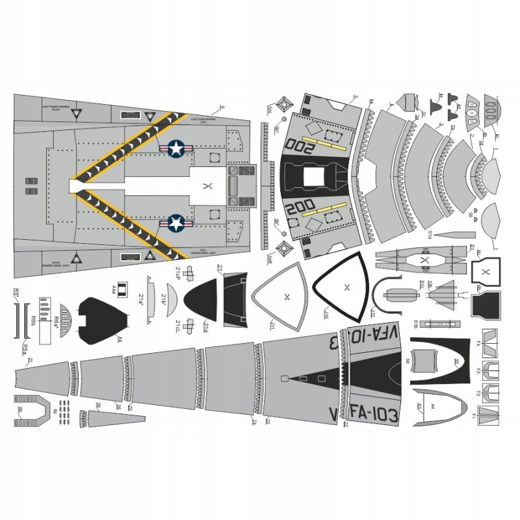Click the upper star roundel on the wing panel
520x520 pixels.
(x=176, y=149)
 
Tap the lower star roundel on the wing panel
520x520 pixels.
(x=176, y=224)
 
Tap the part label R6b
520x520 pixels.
(x=32, y=317)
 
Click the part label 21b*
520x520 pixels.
(x=164, y=300)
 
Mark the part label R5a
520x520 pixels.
(x=22, y=350)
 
